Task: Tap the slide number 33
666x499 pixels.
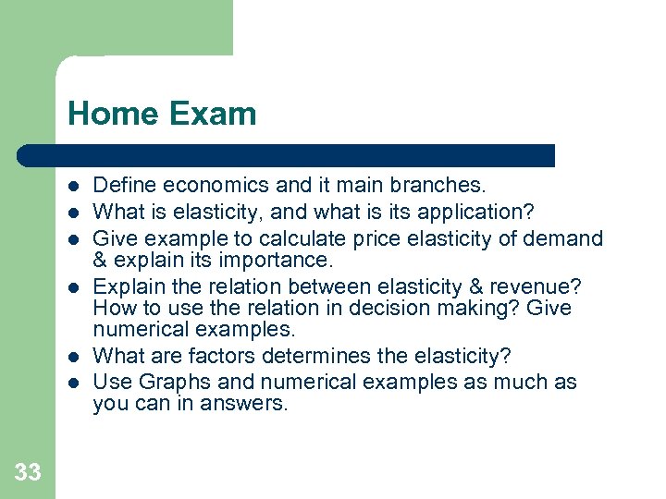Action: [28, 473]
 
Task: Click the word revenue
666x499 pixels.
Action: [531, 286]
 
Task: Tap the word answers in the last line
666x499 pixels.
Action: [252, 403]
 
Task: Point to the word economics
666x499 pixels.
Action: [219, 186]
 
